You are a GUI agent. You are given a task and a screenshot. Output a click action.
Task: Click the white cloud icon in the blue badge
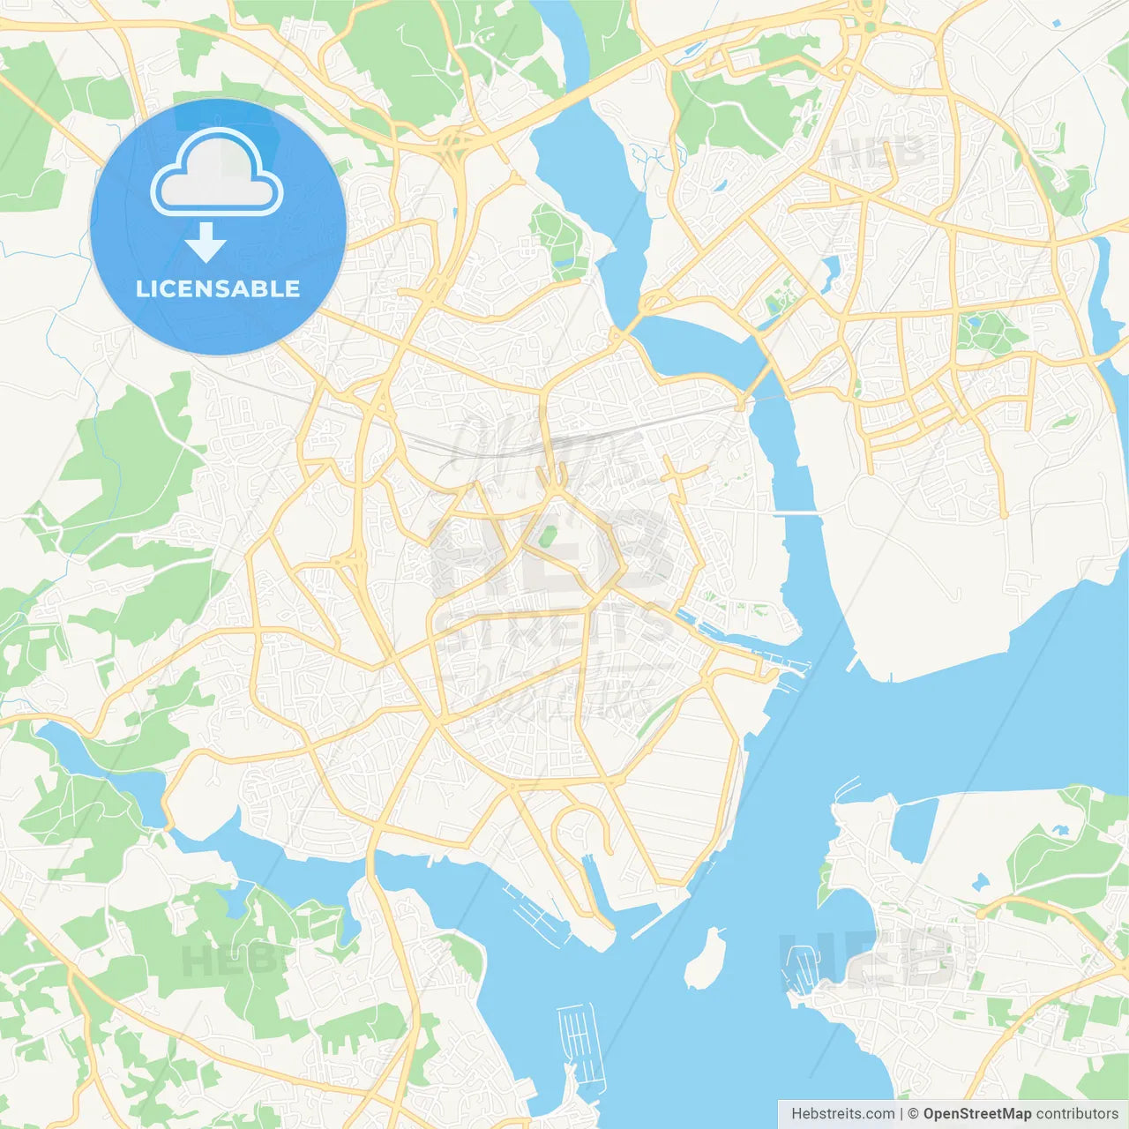(x=217, y=174)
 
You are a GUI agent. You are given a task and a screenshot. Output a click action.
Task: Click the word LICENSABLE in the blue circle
(x=218, y=288)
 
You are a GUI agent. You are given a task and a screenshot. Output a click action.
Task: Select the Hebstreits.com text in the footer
(x=842, y=1114)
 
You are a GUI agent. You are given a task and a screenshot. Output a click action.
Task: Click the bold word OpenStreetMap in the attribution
(x=976, y=1114)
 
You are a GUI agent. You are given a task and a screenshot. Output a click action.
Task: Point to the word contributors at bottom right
(x=1077, y=1114)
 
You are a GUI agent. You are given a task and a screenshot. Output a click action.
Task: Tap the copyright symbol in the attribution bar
(x=913, y=1114)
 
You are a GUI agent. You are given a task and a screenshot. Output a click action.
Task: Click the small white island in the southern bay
(x=706, y=959)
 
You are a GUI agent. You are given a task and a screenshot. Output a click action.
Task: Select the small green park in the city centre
(x=547, y=535)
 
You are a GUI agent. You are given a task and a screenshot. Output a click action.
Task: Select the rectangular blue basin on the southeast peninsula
(x=912, y=829)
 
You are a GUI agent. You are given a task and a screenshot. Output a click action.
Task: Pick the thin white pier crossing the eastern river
(x=796, y=512)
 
